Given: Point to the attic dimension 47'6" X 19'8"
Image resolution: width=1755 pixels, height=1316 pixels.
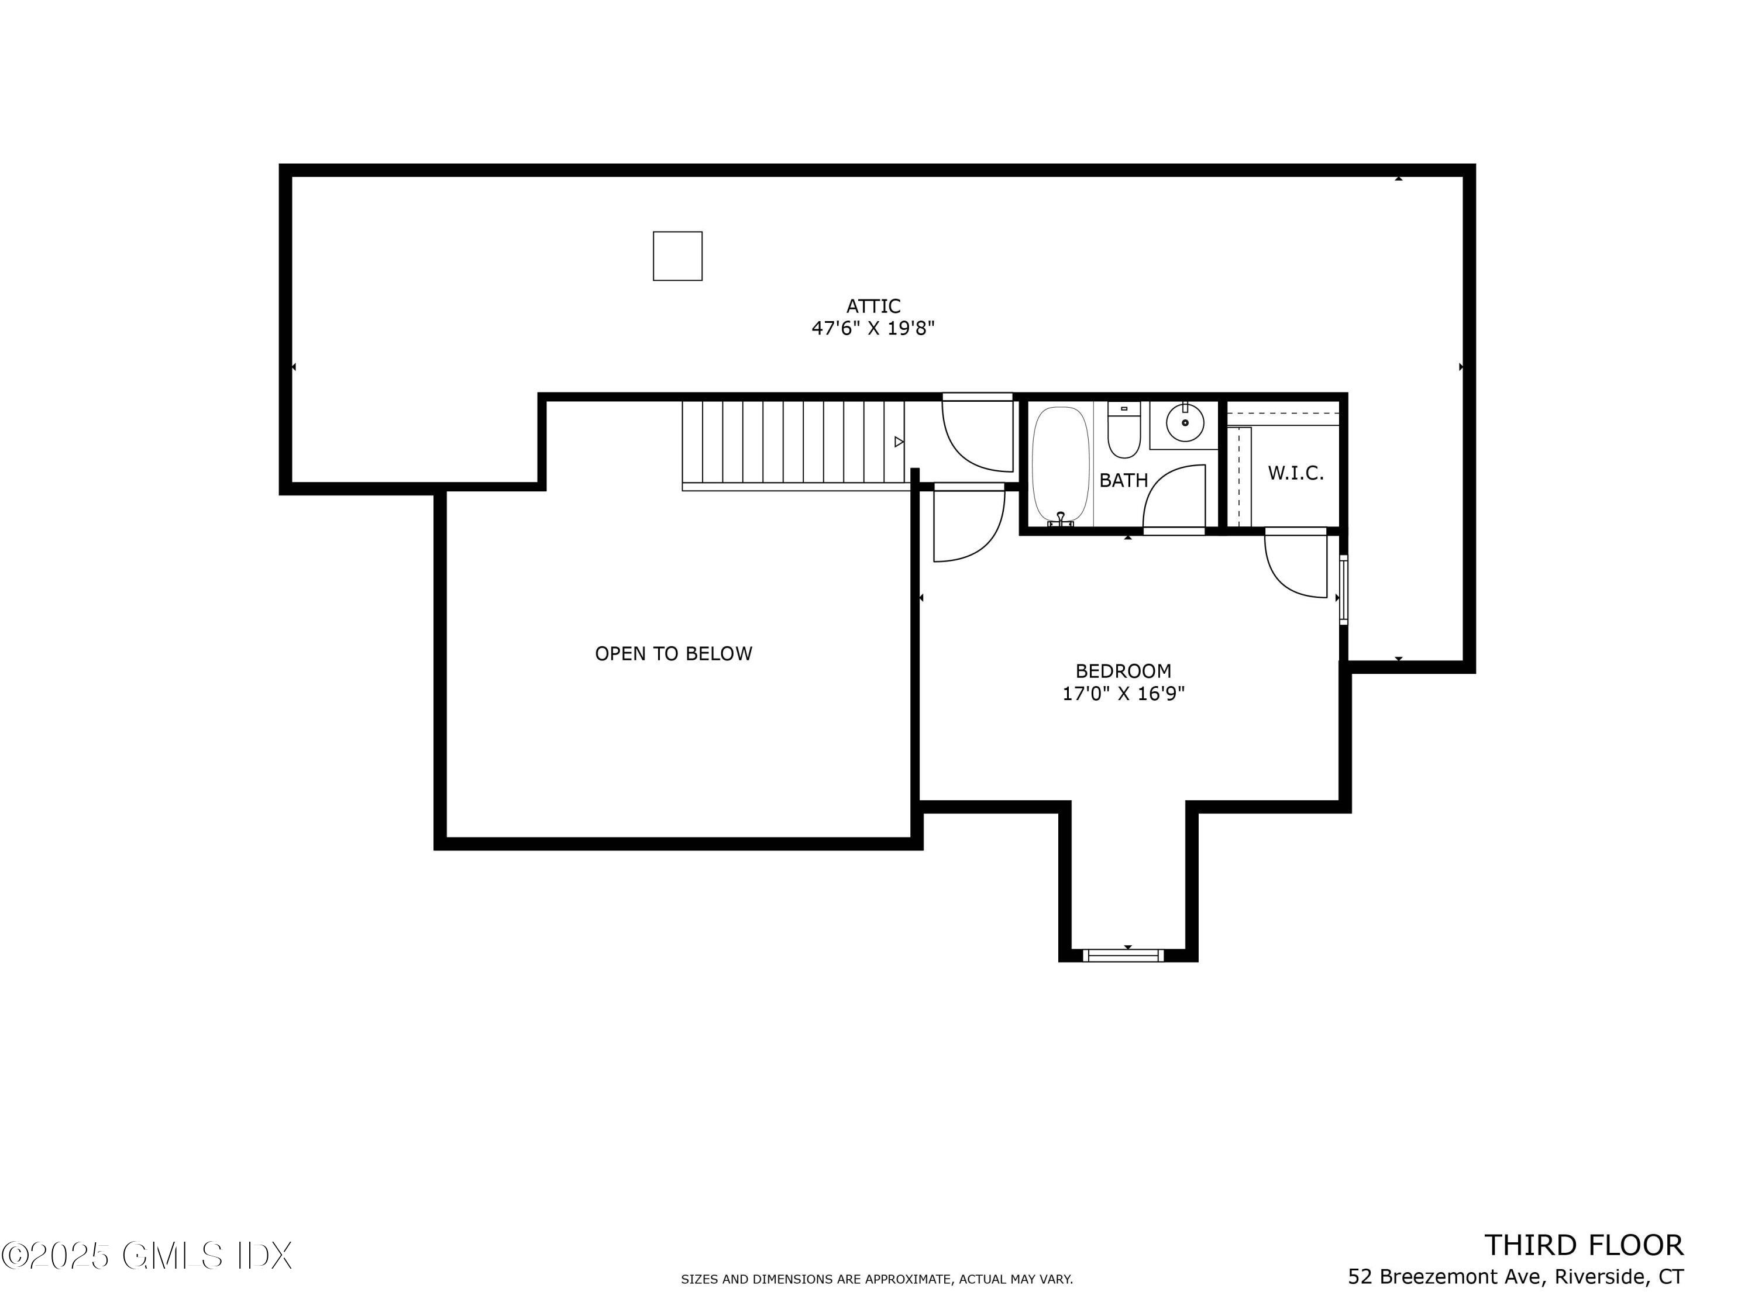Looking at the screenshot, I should click(873, 328).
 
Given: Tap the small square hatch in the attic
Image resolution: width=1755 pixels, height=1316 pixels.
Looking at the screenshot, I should click(677, 256).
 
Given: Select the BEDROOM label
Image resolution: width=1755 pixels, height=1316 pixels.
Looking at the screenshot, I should click(1123, 671).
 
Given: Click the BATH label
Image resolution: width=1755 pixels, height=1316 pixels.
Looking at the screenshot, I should click(1123, 480).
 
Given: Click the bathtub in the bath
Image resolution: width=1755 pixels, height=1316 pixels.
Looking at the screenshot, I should click(1060, 464).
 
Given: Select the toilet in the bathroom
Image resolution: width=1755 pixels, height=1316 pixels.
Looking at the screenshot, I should click(1123, 432).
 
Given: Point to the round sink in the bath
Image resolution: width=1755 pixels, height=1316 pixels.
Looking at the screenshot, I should click(1185, 423).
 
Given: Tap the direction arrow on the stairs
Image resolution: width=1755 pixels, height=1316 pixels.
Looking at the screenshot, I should click(898, 442).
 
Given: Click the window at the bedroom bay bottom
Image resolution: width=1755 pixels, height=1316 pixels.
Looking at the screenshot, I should click(1123, 956).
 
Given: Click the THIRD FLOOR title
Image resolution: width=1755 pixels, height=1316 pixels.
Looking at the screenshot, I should click(1583, 1245).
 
